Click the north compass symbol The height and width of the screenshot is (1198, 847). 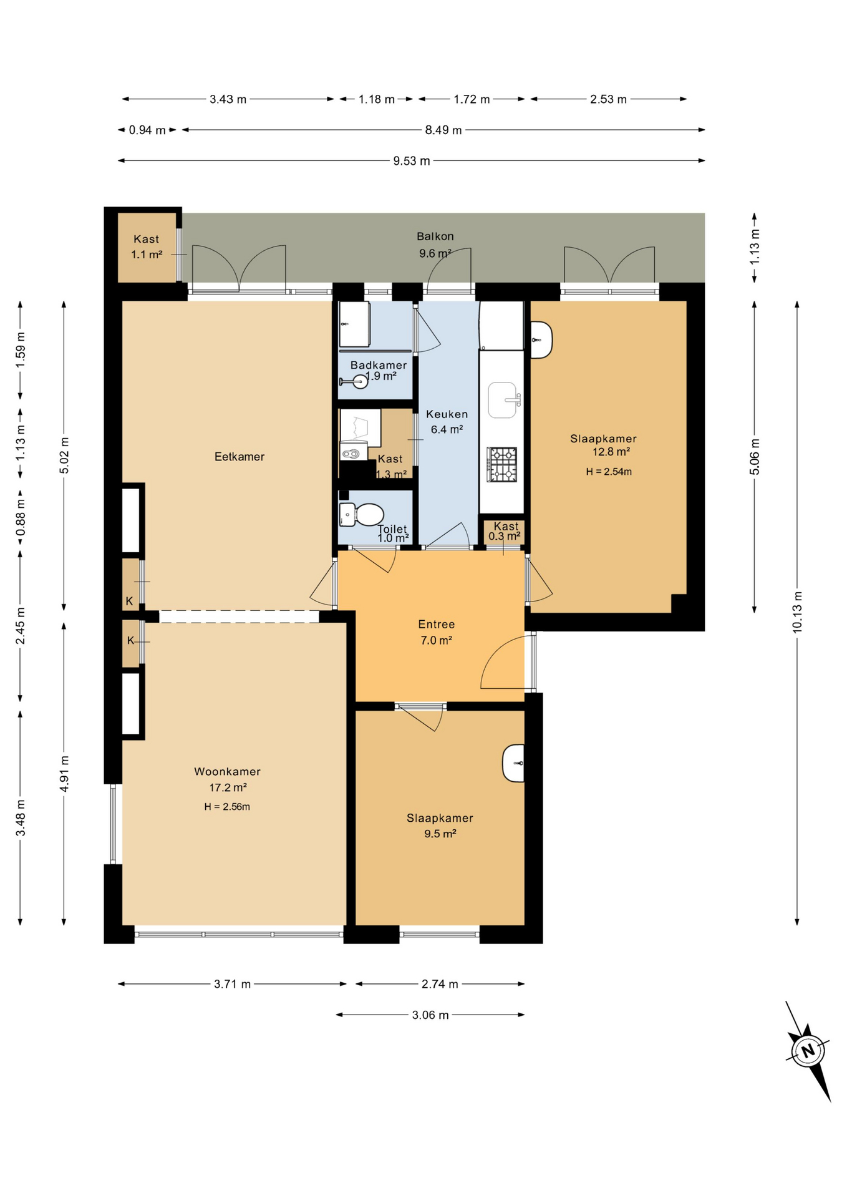click(x=808, y=1050)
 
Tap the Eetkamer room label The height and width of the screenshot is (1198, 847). click(x=240, y=457)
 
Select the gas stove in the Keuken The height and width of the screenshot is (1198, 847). click(x=502, y=464)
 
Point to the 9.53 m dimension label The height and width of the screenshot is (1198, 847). click(x=412, y=161)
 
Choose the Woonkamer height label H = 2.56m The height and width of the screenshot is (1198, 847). click(x=227, y=807)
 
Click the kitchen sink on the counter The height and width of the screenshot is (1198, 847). click(x=504, y=400)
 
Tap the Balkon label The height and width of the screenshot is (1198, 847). click(x=435, y=236)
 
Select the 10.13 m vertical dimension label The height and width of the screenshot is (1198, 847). click(x=797, y=612)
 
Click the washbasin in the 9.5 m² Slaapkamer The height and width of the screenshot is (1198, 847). click(x=513, y=763)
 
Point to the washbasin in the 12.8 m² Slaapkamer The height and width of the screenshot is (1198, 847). click(x=541, y=339)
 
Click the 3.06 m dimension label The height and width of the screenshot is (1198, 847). click(x=430, y=1015)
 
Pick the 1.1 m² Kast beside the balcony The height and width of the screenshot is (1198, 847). click(x=147, y=247)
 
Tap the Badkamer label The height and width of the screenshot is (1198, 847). click(x=379, y=365)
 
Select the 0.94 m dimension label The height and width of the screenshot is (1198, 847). click(x=147, y=130)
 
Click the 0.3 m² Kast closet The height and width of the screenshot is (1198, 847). click(x=504, y=532)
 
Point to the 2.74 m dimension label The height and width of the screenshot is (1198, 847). click(x=440, y=984)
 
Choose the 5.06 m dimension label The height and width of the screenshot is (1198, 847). click(x=755, y=457)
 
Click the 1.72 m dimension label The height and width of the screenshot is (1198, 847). click(x=472, y=99)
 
